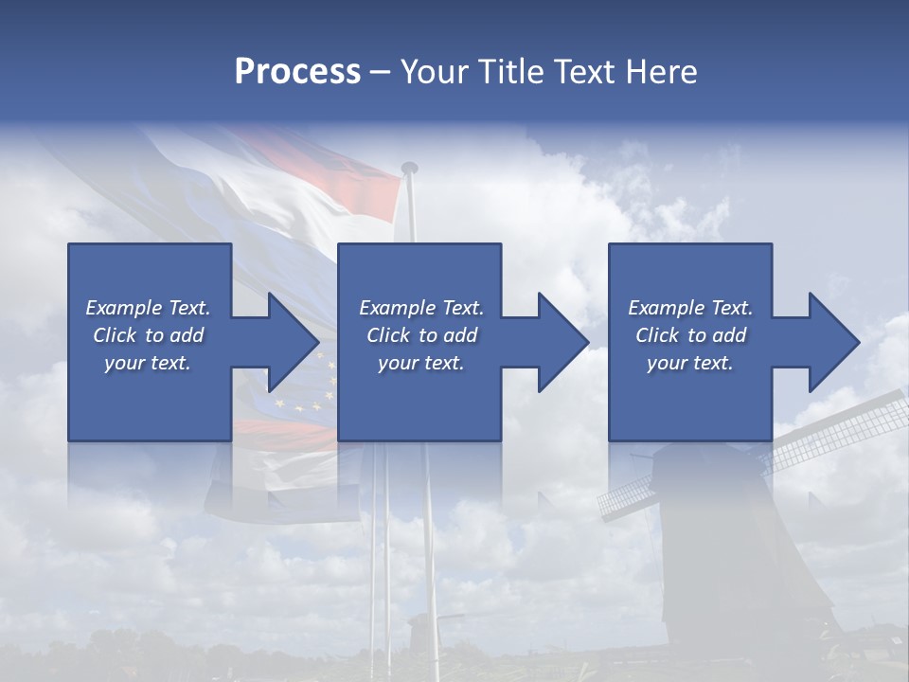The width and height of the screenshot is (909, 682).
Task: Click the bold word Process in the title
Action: [297, 72]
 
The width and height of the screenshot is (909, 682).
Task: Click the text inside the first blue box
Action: [149, 335]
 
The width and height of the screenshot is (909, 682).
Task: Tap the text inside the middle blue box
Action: [421, 335]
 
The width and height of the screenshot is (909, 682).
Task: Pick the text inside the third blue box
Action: [690, 335]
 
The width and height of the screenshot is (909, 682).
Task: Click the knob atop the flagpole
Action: [409, 168]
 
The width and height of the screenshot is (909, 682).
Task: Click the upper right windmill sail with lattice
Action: [843, 431]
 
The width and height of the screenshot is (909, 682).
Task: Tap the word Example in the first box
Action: [123, 308]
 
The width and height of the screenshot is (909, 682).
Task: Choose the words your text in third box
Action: [690, 363]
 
